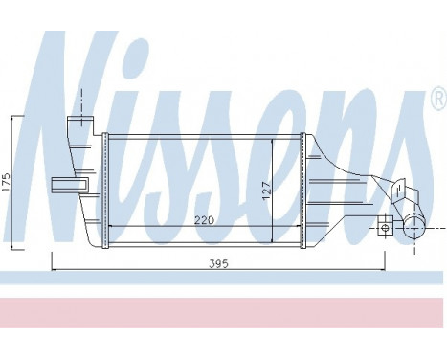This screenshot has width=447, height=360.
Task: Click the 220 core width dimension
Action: click(204, 219)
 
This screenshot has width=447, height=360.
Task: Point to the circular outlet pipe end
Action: click(414, 226)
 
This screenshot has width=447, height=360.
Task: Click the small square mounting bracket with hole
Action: click(385, 226)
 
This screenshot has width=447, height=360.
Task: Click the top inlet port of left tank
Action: click(78, 126)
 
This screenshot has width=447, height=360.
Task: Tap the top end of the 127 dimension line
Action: click(274, 139)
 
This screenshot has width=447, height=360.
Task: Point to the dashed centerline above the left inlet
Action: click(79, 101)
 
